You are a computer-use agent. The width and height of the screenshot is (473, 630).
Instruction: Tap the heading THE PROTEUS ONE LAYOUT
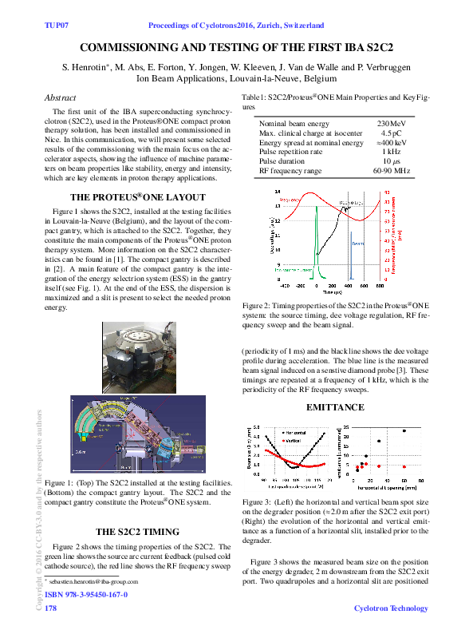(138, 196)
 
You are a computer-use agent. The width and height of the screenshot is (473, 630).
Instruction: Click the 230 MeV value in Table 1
(391, 124)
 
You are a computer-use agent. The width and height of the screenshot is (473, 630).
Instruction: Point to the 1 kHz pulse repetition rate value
(391, 151)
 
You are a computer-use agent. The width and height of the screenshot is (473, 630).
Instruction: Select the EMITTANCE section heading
(335, 407)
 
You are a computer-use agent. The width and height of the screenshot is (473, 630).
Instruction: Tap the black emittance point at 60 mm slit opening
(404, 431)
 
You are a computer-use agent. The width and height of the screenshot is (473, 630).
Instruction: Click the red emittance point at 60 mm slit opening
(404, 466)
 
